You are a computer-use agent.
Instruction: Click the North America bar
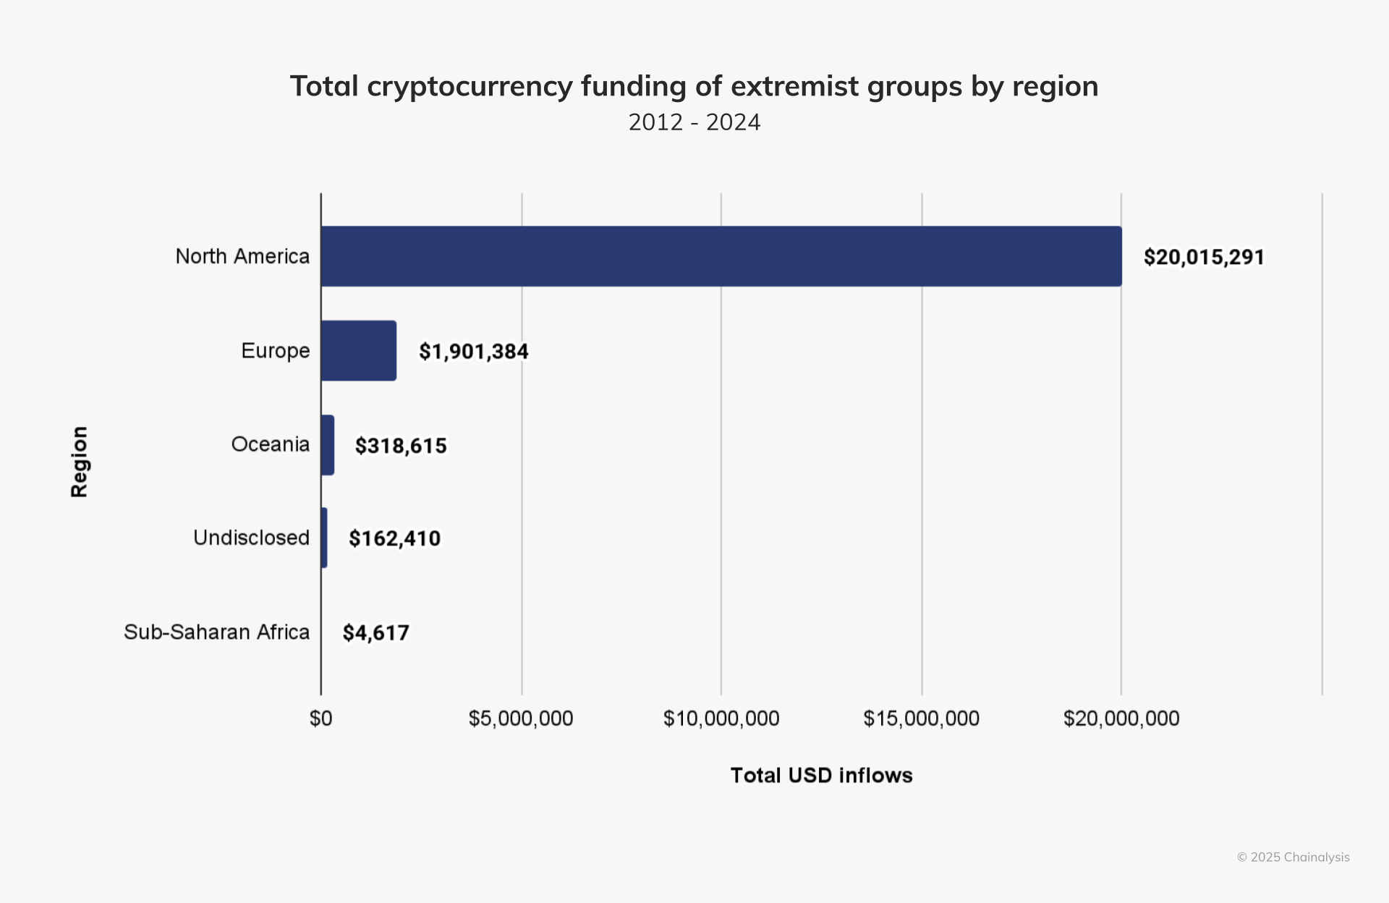[x=721, y=256]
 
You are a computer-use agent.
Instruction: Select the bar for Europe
[x=359, y=351]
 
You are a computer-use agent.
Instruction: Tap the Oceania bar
[x=328, y=445]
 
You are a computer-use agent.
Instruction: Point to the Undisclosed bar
[x=324, y=538]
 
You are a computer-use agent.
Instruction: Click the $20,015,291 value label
[x=1204, y=257]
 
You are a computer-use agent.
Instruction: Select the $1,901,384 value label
[x=474, y=352]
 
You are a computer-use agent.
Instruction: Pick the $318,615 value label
[x=401, y=446]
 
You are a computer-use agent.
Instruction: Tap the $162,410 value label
[x=395, y=538]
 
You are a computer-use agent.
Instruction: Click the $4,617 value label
[x=376, y=633]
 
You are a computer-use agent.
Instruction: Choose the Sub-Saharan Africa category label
[x=217, y=632]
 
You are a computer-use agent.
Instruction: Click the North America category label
[x=242, y=256]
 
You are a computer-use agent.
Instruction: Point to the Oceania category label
[x=271, y=444]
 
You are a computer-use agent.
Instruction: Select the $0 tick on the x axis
[x=321, y=718]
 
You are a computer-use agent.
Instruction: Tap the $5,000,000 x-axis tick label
[x=521, y=718]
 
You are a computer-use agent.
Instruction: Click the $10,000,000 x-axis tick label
[x=721, y=718]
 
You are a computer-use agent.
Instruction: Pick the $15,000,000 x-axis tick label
[x=921, y=718]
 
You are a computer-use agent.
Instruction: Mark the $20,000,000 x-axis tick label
[x=1121, y=718]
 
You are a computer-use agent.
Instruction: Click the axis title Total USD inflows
[x=822, y=776]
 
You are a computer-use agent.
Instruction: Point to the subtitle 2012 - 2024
[x=694, y=122]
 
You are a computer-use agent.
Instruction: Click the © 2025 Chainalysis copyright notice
[x=1294, y=857]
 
